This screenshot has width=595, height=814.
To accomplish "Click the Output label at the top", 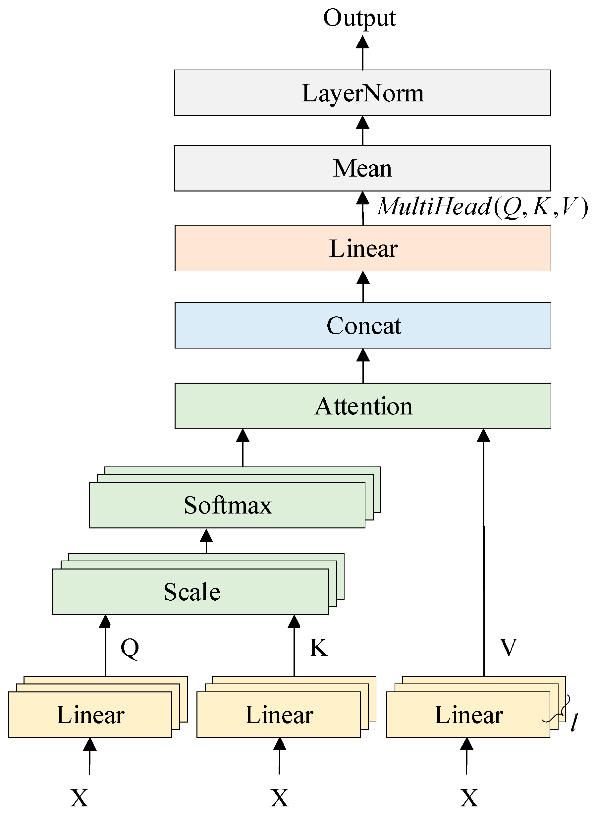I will tap(359, 18).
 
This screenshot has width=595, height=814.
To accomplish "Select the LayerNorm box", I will tap(362, 93).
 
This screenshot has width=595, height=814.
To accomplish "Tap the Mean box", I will tap(362, 168).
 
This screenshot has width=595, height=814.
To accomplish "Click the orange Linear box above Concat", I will tap(363, 248).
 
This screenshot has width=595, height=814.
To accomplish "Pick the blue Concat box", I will tap(363, 325).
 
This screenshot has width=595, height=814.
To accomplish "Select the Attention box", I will tap(363, 406).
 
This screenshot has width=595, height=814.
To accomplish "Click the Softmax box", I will tap(227, 505).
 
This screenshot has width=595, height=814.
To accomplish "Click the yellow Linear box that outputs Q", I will tap(90, 715).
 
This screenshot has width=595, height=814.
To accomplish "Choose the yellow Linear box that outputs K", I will tap(279, 715).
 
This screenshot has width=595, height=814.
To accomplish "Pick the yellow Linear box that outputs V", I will tap(468, 715).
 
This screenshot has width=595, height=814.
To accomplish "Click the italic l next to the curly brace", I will tap(574, 722).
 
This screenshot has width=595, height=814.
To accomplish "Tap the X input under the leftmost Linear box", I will tap(79, 797).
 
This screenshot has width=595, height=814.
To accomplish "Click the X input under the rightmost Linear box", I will tap(469, 797).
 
